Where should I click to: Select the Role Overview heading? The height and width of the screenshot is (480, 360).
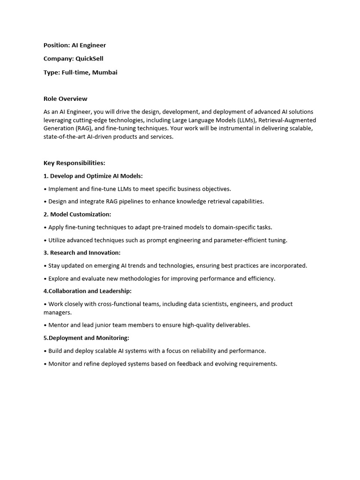[65, 98]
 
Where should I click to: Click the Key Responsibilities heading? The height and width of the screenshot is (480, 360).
[74, 163]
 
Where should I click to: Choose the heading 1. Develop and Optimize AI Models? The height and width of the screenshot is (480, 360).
[93, 176]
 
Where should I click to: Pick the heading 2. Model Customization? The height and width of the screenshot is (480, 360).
[77, 214]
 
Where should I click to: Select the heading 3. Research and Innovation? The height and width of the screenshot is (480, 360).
[82, 253]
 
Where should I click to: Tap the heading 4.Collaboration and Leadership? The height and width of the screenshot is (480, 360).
[88, 291]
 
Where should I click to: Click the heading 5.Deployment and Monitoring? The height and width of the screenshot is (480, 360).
[86, 337]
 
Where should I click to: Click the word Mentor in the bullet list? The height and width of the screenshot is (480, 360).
[59, 325]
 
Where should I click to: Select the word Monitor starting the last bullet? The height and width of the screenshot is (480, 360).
[60, 363]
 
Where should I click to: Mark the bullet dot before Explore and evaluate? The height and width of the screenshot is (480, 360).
[45, 278]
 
